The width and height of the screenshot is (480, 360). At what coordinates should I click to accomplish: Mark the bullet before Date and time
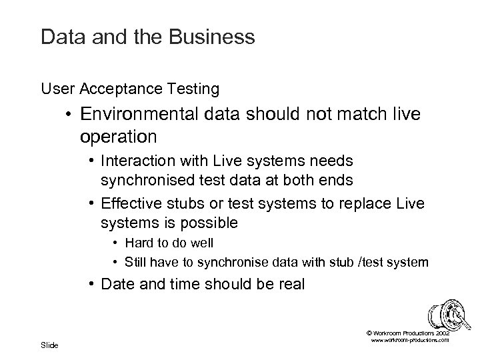[x=89, y=285]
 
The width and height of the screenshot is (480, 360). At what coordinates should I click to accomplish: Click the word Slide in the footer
[x=49, y=345]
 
